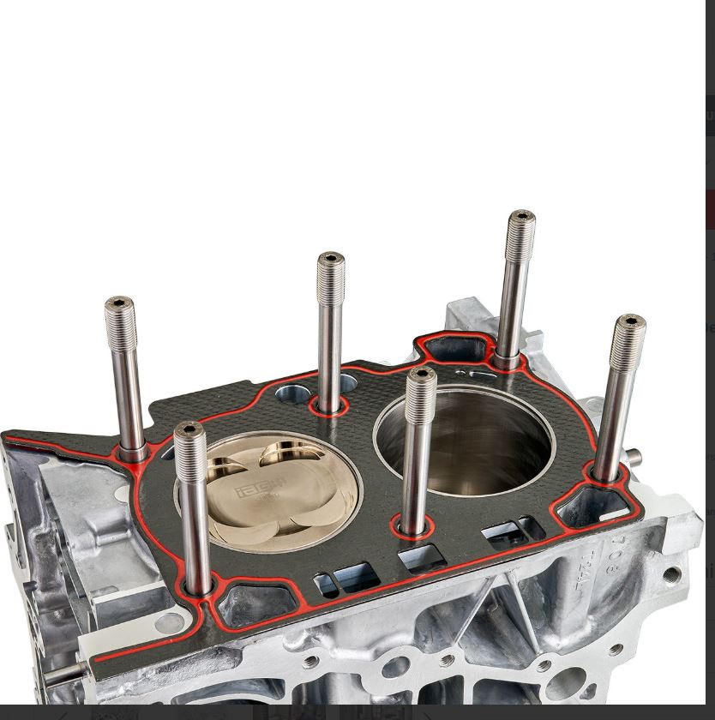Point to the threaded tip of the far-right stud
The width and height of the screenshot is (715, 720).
point(630,323)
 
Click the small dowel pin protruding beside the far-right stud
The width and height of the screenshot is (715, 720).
point(635,455)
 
